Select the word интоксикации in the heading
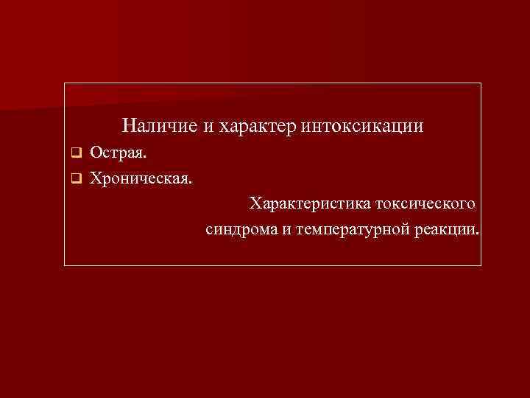(x=362, y=126)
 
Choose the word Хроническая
(x=141, y=178)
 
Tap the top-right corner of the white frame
(x=481, y=83)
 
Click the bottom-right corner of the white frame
(x=481, y=265)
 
